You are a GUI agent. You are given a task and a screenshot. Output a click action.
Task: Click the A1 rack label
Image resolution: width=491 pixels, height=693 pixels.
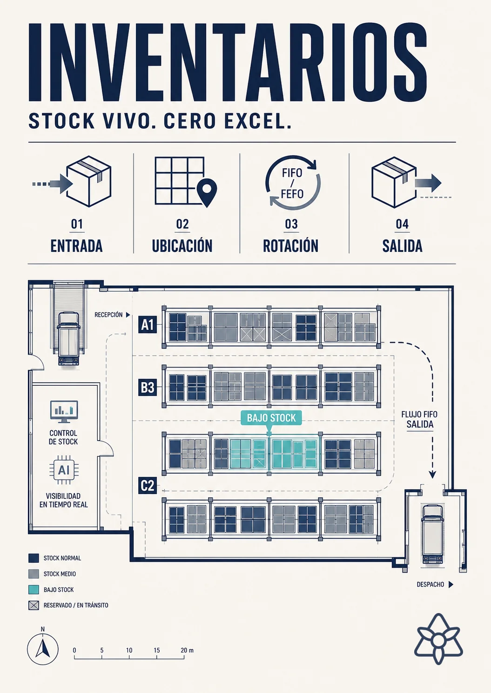point(148,324)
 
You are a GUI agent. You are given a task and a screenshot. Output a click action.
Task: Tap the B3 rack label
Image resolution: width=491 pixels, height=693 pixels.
point(148,387)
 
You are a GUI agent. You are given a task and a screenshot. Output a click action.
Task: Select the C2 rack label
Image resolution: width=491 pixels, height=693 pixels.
point(148,485)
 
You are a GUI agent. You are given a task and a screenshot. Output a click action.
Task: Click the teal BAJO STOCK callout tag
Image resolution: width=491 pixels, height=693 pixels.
point(271,418)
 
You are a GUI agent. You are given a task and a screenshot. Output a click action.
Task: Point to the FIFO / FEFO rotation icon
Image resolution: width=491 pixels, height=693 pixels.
point(293,182)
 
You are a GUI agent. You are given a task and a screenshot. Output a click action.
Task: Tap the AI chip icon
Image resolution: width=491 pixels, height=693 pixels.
point(64,470)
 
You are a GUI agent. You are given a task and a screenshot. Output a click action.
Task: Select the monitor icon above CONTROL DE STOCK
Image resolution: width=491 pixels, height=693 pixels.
point(64,412)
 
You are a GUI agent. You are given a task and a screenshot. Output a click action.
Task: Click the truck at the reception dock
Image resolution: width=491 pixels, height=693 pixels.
point(68,338)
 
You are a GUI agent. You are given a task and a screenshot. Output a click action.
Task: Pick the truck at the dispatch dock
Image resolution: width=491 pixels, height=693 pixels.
point(432,534)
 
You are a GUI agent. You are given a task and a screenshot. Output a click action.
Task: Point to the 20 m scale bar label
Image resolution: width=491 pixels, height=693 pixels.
point(187,650)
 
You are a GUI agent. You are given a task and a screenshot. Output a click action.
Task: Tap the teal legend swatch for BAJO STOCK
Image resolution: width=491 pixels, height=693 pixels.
point(34,589)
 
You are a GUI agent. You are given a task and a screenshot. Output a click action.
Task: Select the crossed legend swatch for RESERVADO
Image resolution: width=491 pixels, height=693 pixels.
point(34,606)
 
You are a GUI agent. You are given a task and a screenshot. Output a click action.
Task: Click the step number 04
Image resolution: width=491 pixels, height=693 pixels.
point(402,224)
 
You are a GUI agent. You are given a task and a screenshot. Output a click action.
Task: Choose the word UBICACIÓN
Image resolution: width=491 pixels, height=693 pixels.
point(182,246)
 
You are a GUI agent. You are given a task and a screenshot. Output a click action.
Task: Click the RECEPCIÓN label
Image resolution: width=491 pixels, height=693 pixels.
point(108,315)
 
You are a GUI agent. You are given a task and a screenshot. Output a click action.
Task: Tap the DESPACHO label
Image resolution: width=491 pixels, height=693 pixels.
point(430,584)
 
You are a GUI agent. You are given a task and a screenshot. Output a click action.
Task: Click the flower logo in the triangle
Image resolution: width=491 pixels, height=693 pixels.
point(439,639)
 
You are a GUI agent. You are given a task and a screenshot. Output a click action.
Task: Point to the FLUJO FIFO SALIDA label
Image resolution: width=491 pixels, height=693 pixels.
point(419,419)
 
